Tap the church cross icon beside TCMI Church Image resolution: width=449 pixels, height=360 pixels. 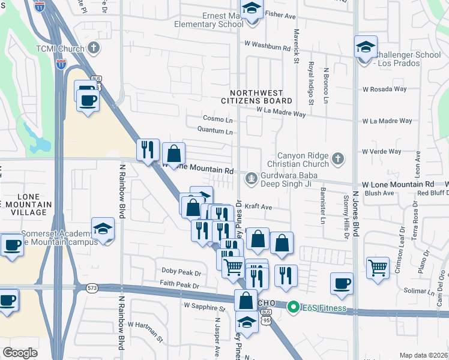point(93,47)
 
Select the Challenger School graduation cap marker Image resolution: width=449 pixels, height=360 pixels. point(365,48)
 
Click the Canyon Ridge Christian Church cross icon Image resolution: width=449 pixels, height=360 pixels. point(338,159)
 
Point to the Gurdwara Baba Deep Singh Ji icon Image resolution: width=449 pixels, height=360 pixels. point(251,178)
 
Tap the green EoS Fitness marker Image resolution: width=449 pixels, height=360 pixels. point(294,308)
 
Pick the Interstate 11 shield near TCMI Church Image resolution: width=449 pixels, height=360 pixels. point(61,65)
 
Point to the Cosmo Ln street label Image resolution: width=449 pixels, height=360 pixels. point(217,119)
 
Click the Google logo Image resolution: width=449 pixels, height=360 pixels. point(20,352)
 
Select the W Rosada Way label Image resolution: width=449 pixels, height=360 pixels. point(384,89)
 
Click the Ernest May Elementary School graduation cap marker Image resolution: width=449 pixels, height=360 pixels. point(252,10)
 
